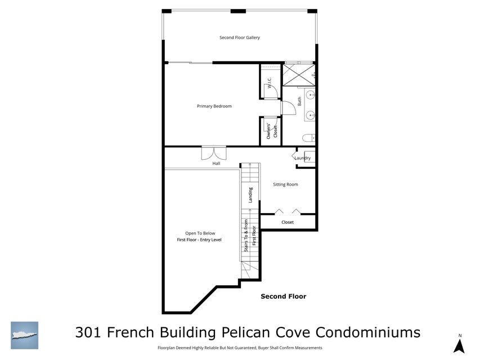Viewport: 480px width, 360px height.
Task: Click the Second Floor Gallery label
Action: [x=239, y=38]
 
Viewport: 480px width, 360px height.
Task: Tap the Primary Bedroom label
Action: [x=214, y=106]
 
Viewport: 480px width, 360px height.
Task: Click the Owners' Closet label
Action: [x=272, y=130]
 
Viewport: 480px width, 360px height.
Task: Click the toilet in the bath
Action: [x=307, y=138]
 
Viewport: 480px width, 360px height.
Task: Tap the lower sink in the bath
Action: [x=309, y=116]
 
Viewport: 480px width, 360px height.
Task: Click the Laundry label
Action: [x=303, y=158]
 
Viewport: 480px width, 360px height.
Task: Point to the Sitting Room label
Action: [x=285, y=184]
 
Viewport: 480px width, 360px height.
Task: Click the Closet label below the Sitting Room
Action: [x=287, y=222]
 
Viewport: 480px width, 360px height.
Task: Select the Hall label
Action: [x=216, y=164]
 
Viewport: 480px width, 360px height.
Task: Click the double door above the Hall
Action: [x=214, y=153]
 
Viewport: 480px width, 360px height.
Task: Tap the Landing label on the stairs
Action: [x=251, y=195]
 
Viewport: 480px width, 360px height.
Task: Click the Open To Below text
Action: [x=200, y=233]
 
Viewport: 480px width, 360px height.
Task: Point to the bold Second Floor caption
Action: [x=283, y=296]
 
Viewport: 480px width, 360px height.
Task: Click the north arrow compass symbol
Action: [x=459, y=345]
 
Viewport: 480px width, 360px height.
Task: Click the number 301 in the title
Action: [x=89, y=332]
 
